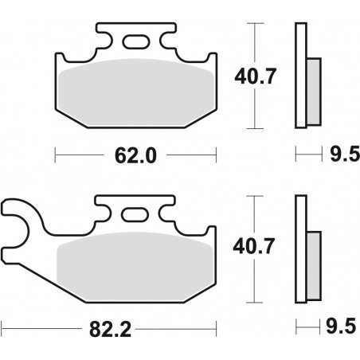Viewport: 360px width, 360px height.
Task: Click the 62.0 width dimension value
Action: pos(133,155)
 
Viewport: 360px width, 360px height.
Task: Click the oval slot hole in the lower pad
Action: pos(135,215)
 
